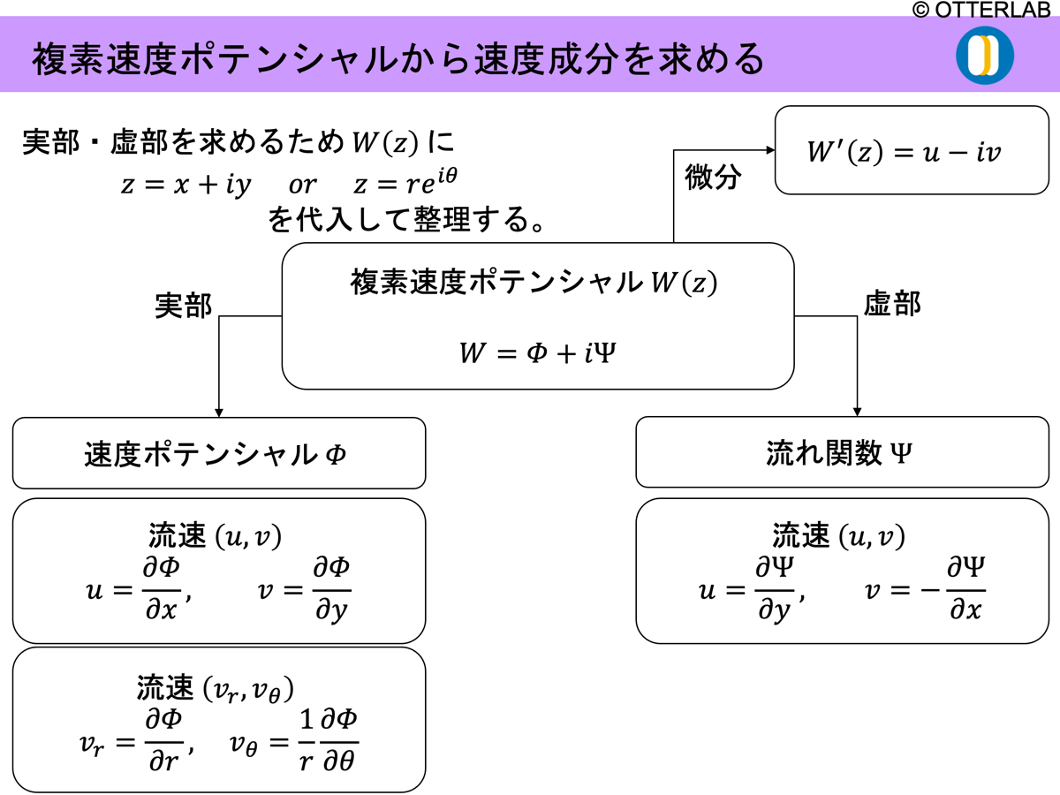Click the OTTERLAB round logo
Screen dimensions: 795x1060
click(984, 56)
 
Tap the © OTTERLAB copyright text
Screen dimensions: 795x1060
click(981, 10)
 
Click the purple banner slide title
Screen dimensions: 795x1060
click(397, 59)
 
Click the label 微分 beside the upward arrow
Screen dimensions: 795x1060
click(713, 177)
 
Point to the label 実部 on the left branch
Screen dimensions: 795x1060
click(183, 306)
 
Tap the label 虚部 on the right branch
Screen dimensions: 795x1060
click(891, 305)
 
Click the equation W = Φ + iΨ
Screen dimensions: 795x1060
click(537, 352)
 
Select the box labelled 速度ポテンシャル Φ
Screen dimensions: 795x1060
click(218, 454)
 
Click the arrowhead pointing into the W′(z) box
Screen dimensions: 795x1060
click(770, 150)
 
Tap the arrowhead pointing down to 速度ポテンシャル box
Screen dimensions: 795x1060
click(219, 412)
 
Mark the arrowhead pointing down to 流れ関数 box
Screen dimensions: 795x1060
click(857, 411)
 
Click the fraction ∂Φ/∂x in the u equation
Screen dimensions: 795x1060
click(162, 590)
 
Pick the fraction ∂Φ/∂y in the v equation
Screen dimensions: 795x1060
click(332, 590)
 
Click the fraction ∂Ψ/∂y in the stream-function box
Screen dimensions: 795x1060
click(775, 589)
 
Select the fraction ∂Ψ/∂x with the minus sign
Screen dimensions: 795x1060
click(965, 589)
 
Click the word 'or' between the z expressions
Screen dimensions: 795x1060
click(302, 185)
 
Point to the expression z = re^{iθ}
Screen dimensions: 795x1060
click(405, 183)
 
